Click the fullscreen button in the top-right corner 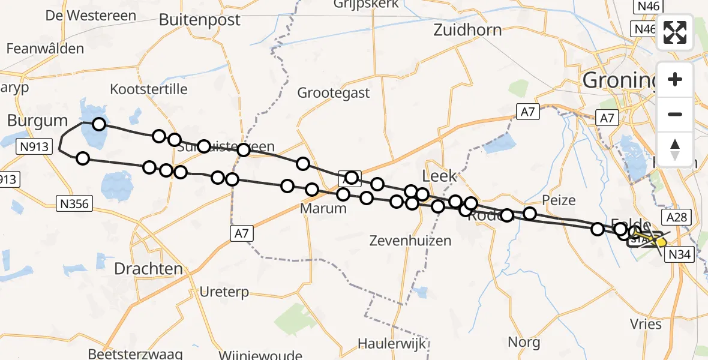click(675, 32)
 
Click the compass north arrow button click(675, 148)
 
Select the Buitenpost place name click(199, 20)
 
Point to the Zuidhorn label click(467, 29)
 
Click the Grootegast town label click(334, 93)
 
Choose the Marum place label click(323, 208)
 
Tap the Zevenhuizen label click(411, 241)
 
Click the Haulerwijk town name click(392, 344)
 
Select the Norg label click(523, 343)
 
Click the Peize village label click(558, 200)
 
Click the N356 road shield click(74, 204)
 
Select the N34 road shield click(680, 254)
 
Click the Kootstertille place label click(149, 89)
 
